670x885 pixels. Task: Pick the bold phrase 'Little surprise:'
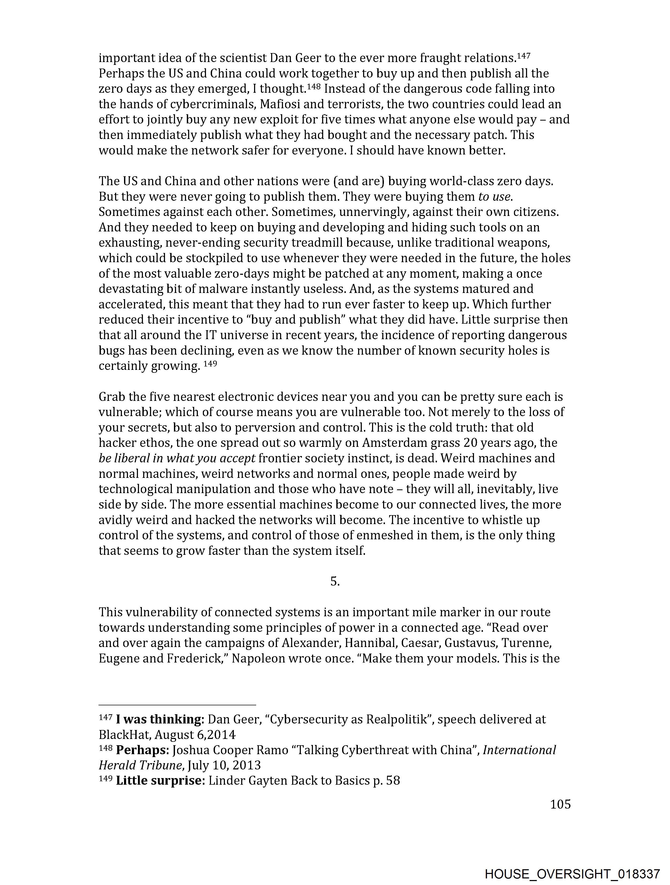160,780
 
